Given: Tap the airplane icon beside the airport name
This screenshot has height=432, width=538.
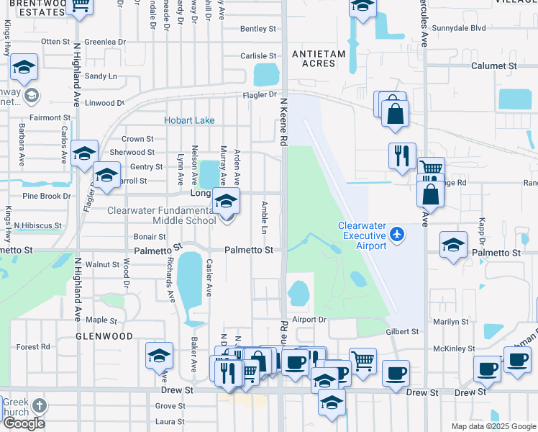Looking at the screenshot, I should point(398,235).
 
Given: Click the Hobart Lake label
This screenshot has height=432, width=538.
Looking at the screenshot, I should point(190,120).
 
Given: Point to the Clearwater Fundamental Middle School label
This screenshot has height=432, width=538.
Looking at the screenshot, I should point(161,216).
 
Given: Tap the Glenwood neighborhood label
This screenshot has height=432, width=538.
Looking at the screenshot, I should point(105,336).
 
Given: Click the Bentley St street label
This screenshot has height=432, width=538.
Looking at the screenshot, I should point(258,29).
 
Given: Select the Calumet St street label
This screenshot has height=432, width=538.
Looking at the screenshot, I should point(494,66).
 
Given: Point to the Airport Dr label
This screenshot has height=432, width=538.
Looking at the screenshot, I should point(310,319).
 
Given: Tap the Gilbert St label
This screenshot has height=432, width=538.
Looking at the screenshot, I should point(402,332).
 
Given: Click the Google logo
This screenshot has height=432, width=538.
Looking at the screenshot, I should point(24,423).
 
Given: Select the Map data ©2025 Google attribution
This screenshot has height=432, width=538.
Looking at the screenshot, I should point(493,426).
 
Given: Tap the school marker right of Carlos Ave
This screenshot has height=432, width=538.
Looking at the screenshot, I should point(84,153).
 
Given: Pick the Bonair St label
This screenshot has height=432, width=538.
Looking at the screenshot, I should point(150,236).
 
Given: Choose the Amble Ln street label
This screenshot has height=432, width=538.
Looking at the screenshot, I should point(264,216).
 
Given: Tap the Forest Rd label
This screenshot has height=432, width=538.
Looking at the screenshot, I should point(32,346).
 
